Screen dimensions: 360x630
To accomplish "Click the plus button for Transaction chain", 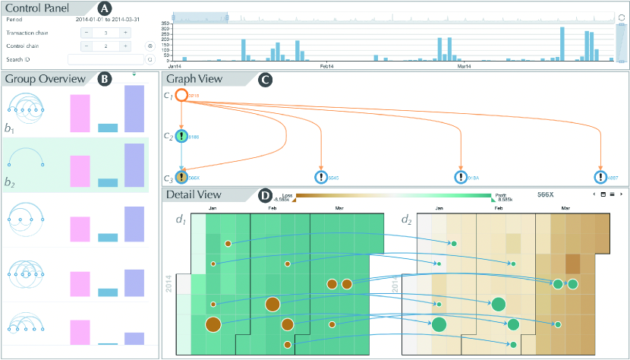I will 124,33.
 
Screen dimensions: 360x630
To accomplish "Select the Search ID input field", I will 106,58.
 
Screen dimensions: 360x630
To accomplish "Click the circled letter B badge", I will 105,77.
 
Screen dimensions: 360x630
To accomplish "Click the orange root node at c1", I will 181,96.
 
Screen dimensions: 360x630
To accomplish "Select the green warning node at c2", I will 181,137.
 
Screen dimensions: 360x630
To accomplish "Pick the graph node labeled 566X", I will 181,178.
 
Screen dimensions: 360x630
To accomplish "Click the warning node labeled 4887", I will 601,178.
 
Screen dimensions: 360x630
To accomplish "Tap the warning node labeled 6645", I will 322,178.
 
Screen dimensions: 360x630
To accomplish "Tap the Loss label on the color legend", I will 287,194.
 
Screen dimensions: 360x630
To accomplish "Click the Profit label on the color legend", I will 499,194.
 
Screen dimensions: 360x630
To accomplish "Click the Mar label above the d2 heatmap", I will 565,208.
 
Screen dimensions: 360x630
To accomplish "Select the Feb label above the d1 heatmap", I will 272,208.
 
